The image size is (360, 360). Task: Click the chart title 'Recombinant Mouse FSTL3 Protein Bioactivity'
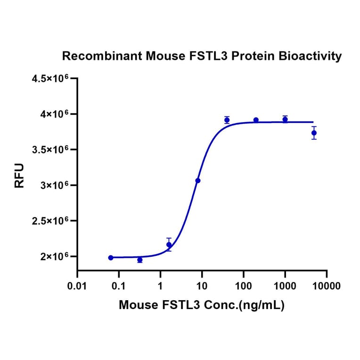tap(202, 56)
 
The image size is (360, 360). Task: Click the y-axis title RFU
tap(19, 176)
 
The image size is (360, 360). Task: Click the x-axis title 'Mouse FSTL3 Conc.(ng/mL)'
tap(202, 305)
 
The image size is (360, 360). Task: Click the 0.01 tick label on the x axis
tap(77, 286)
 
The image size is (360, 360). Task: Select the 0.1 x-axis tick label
tap(119, 286)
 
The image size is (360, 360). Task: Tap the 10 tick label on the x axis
tap(202, 286)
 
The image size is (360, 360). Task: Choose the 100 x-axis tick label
tap(243, 286)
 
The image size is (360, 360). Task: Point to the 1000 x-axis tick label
tap(285, 286)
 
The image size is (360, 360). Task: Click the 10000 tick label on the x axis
tap(326, 286)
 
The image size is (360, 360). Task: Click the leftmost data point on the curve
tap(111, 258)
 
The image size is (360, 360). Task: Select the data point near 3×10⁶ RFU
tap(198, 180)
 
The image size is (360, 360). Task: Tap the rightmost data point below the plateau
tap(314, 133)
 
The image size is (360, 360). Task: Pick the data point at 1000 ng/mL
tap(285, 119)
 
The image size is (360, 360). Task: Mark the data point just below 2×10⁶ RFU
tap(139, 260)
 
